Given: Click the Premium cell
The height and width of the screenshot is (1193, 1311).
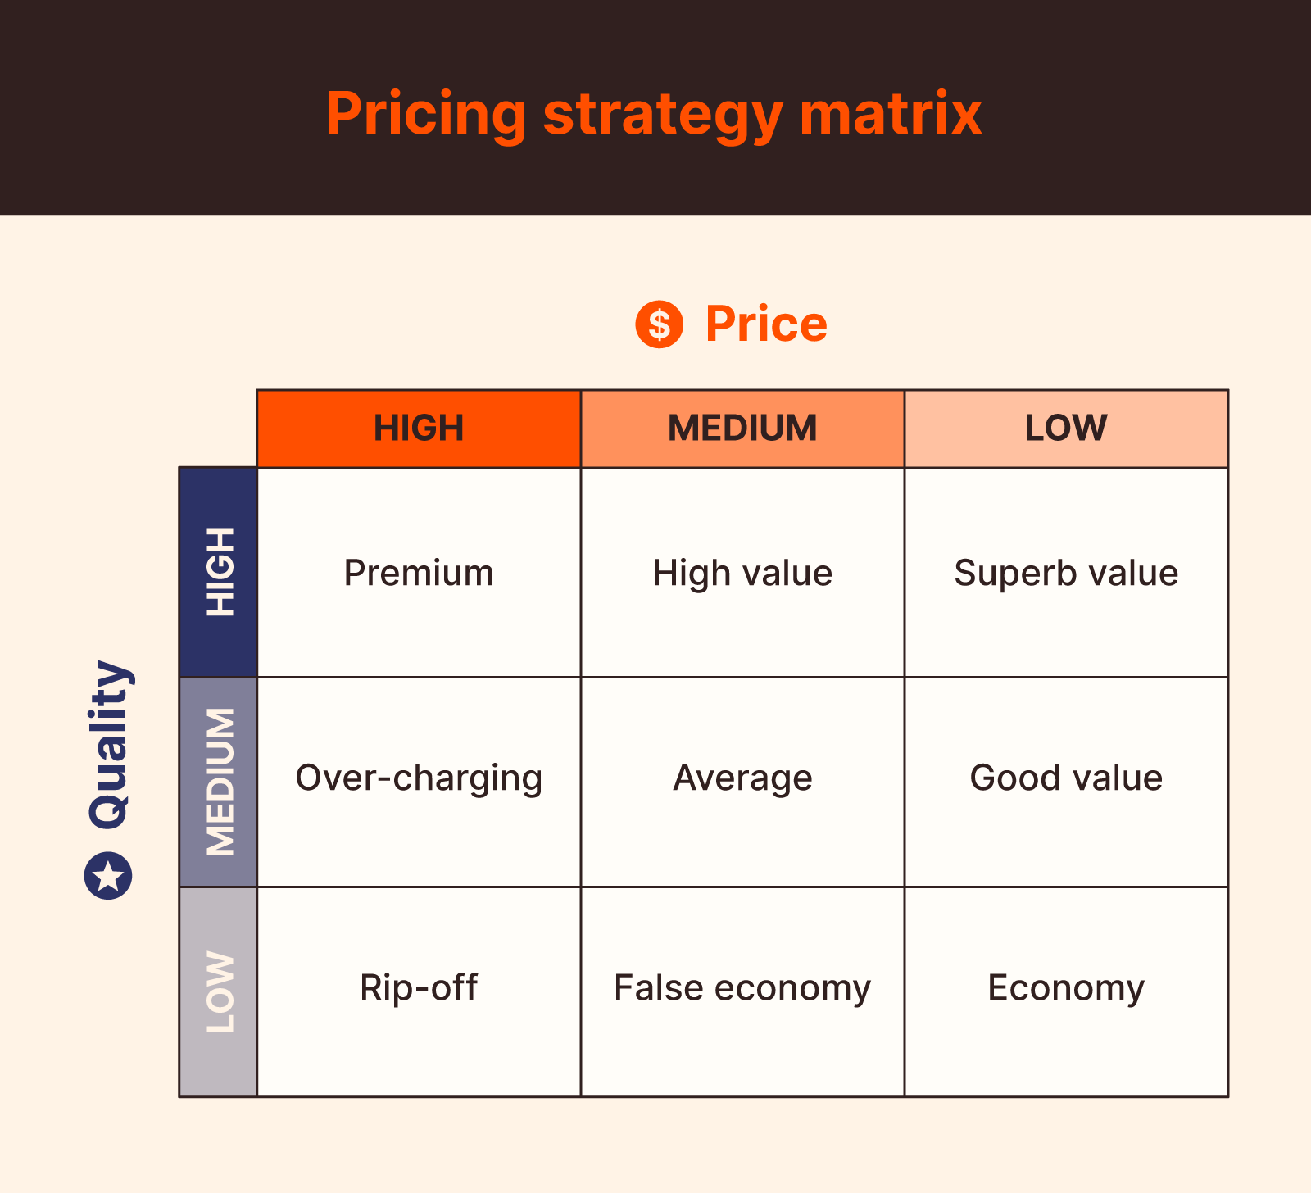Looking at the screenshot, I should coord(419,573).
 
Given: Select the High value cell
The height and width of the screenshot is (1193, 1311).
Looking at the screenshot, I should coord(742,573).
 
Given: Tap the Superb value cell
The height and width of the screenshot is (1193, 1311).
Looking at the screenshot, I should coord(1066,573).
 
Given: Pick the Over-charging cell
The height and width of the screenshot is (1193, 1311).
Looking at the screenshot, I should coord(419,778).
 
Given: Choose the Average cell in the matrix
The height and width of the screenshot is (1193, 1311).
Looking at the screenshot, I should coord(742,778).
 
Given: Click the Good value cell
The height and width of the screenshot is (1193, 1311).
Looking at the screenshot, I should coord(1066,778).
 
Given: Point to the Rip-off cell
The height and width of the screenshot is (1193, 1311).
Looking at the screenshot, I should coord(419,988).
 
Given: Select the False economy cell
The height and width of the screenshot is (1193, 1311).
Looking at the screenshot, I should coord(742,988).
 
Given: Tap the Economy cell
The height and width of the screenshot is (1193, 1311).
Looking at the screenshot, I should coord(1066,988).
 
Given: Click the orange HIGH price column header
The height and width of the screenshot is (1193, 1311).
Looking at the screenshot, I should coord(419,429).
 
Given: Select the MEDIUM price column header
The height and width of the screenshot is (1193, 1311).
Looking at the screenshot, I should coord(742,429).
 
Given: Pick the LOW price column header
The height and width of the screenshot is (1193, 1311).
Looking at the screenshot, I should coord(1066,429).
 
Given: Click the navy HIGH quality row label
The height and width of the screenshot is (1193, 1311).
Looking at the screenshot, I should coord(219,572).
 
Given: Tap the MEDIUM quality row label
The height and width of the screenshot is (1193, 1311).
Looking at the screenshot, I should coord(219,782).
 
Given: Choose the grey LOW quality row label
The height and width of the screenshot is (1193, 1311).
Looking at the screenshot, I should coord(219,991).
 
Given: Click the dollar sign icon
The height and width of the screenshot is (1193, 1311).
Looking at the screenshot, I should coord(660,324).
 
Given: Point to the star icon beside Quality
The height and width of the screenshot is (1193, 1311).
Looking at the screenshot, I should coord(108,876).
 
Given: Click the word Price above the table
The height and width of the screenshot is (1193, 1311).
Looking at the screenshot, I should coord(766,324).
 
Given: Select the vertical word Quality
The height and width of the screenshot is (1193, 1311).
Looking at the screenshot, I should coord(110,744).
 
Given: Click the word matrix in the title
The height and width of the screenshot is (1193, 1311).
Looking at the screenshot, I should coord(891,113).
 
